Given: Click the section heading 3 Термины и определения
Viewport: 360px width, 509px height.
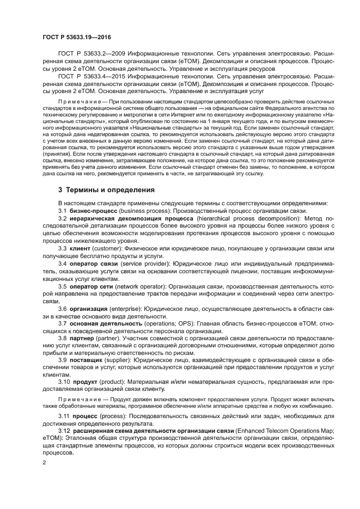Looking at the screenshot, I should coord(107,190).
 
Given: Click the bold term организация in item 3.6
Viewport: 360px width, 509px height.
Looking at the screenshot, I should coord(88,309).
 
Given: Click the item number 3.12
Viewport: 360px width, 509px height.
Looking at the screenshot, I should coord(64,431).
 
